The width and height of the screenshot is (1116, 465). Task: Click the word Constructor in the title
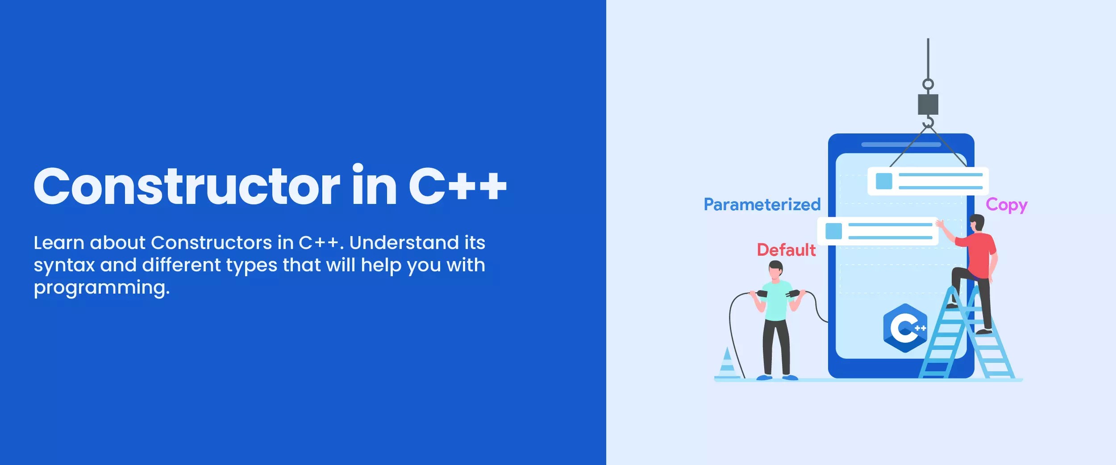click(187, 187)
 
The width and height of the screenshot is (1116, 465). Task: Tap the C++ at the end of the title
click(457, 187)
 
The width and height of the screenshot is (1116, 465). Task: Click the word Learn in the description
click(59, 243)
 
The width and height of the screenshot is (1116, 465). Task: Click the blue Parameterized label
click(762, 205)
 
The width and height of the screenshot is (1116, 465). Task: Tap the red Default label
click(786, 250)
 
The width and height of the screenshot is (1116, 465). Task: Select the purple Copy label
click(1006, 205)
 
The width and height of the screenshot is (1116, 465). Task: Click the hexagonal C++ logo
click(905, 328)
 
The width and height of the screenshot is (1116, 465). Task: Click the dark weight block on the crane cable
click(928, 104)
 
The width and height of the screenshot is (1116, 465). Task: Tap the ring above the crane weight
click(928, 84)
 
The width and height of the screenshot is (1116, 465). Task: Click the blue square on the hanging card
click(884, 181)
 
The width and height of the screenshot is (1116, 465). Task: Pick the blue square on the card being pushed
click(833, 231)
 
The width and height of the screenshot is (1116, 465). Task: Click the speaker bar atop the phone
click(901, 145)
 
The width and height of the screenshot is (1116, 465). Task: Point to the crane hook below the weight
click(929, 122)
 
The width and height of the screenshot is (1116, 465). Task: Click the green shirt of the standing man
click(776, 301)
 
